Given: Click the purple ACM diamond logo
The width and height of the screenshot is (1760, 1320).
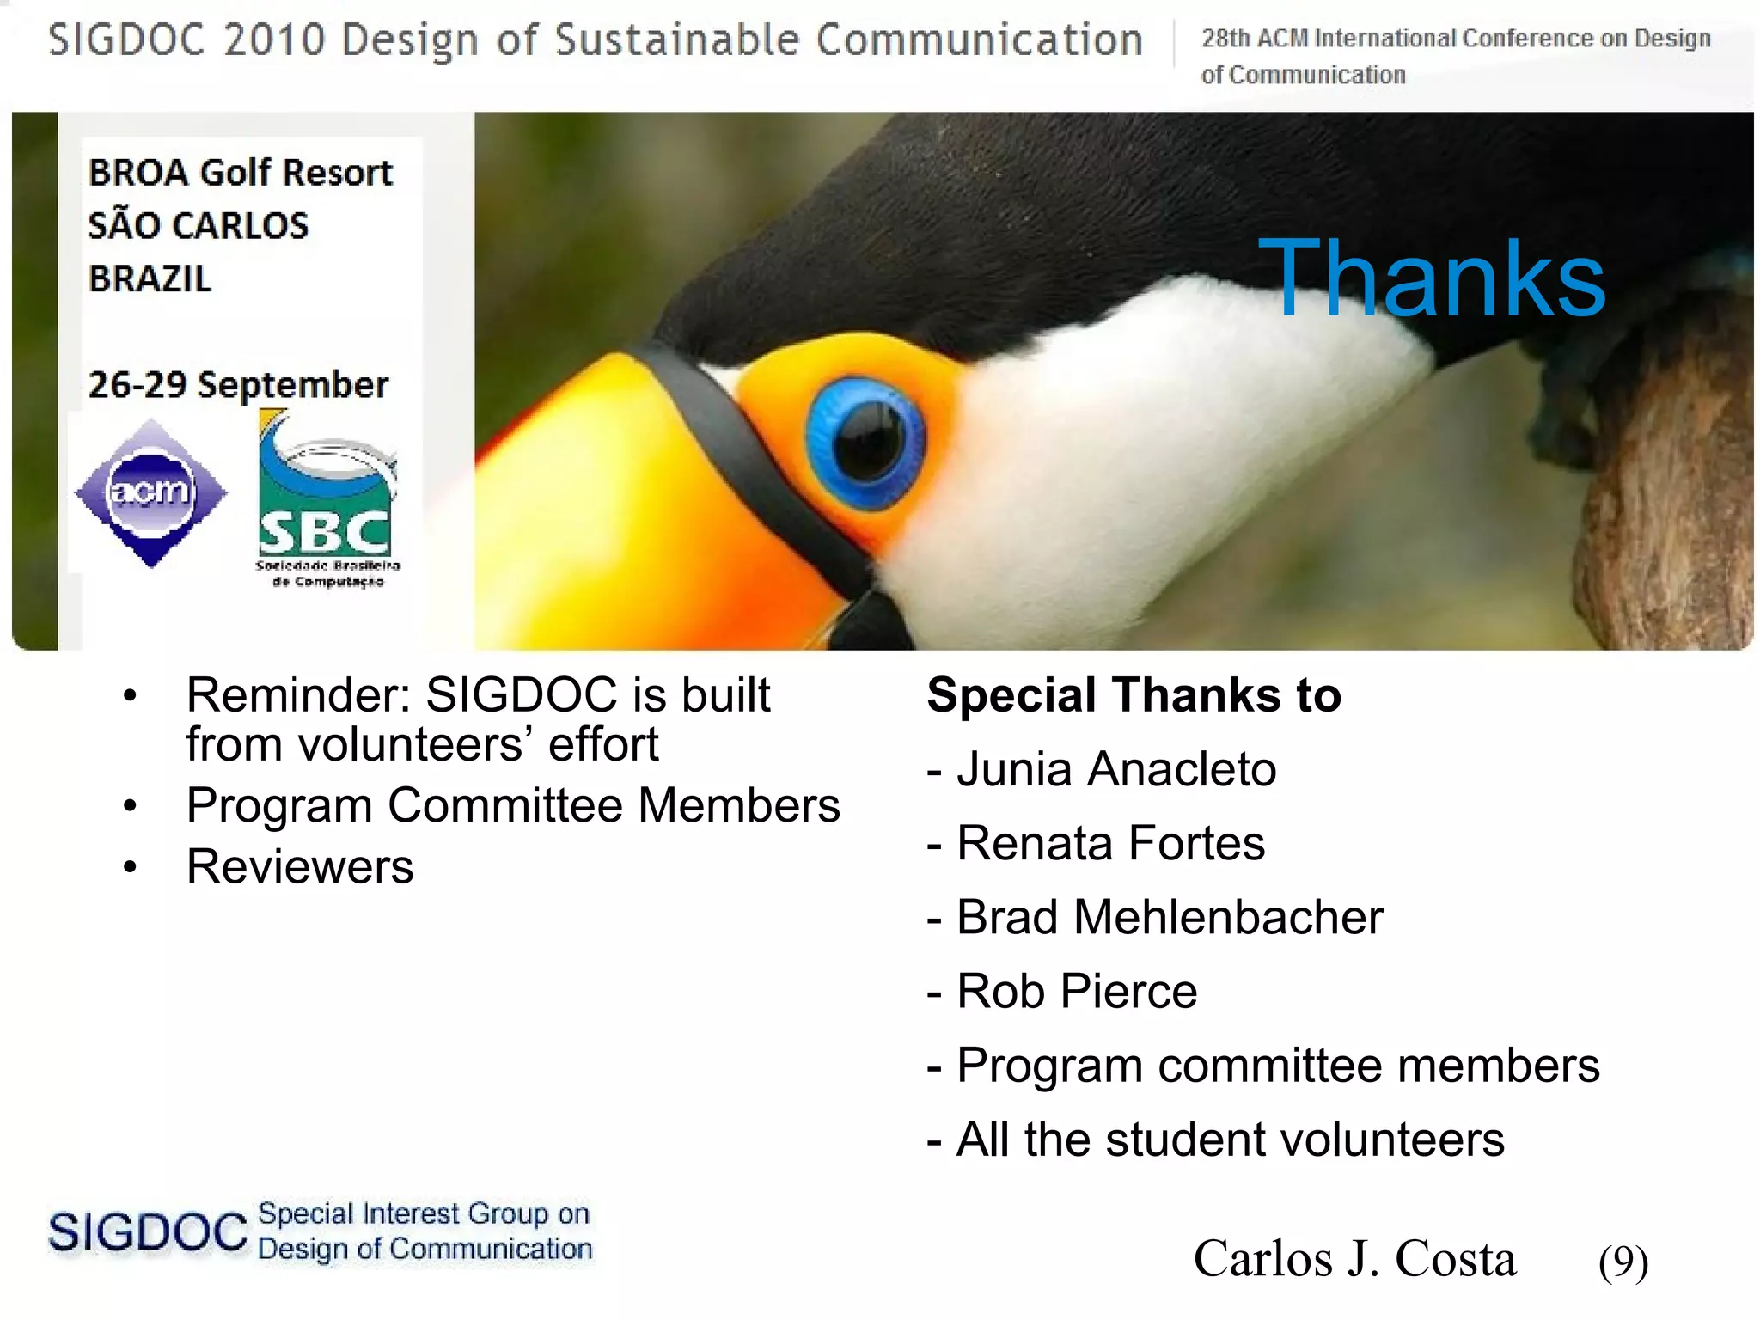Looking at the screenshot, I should [x=151, y=492].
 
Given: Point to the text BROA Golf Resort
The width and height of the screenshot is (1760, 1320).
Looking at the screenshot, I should [x=241, y=173].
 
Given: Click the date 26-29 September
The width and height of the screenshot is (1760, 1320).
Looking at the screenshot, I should [x=238, y=384].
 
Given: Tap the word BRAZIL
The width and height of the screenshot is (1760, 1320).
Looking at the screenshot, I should [x=150, y=278].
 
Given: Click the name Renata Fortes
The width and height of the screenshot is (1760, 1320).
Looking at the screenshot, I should [x=1110, y=842].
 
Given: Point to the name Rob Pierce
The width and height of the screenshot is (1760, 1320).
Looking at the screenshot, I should [x=1076, y=991].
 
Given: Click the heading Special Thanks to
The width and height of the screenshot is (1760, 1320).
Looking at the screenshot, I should [x=1134, y=694].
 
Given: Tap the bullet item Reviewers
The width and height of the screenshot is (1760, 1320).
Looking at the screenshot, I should [x=300, y=866].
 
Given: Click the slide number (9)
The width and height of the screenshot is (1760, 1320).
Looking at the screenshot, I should [x=1622, y=1262].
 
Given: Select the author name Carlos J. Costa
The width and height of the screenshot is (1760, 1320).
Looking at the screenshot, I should [x=1354, y=1259].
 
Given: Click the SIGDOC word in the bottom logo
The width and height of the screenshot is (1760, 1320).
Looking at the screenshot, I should [x=148, y=1231].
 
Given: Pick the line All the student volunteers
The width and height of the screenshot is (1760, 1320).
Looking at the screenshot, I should [x=1229, y=1140].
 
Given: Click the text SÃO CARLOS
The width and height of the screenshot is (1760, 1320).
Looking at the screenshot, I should [x=198, y=226].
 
